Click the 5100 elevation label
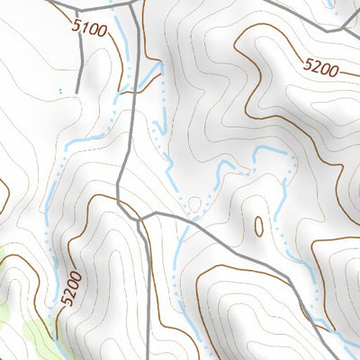[90, 30]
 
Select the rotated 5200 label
[72, 290]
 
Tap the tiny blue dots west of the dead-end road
[59, 91]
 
